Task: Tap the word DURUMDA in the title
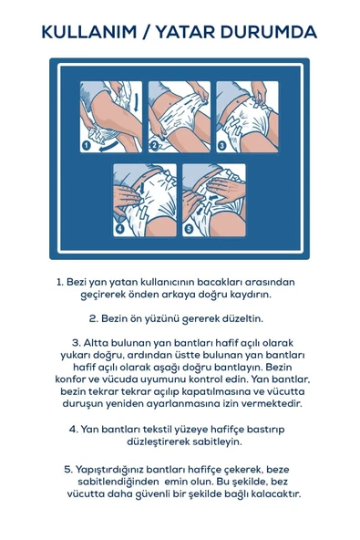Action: (x=272, y=32)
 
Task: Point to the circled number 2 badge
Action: (x=154, y=144)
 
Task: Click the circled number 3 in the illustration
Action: (x=221, y=144)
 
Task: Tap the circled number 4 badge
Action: (x=120, y=228)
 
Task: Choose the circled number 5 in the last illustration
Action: (x=189, y=228)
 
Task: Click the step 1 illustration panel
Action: (x=111, y=117)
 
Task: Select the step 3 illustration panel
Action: (x=246, y=117)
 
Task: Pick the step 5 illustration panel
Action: (x=213, y=201)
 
